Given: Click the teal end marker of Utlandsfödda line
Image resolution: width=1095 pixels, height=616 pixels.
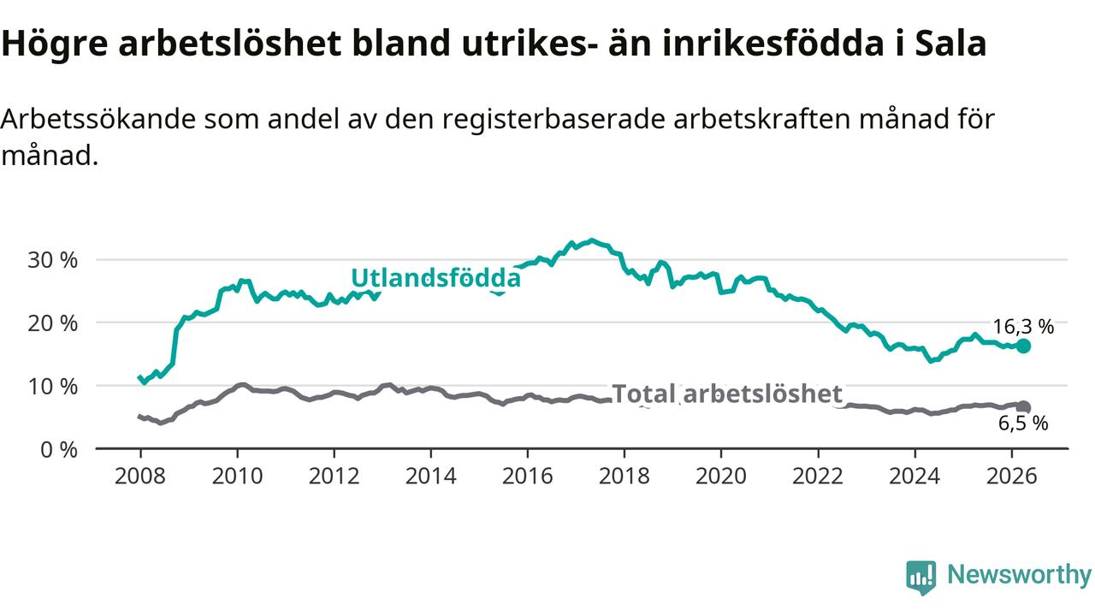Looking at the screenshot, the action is (x=1023, y=346).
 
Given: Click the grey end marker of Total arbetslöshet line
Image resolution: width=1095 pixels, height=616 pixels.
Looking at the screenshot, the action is (x=1024, y=407).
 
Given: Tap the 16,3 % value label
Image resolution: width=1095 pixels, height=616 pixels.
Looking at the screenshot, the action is (x=1023, y=327).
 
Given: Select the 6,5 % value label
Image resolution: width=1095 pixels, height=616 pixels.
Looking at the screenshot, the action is (x=1023, y=423).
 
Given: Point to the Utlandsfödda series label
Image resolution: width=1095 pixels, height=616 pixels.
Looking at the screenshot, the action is (x=436, y=278).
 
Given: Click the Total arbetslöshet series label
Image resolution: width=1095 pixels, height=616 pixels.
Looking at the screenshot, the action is (x=727, y=394).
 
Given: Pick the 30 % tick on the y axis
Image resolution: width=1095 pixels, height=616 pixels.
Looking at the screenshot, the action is (x=52, y=260).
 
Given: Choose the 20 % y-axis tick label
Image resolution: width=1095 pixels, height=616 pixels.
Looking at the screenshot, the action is (x=52, y=323).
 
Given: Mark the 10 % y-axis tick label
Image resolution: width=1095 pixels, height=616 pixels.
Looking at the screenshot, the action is (x=52, y=387).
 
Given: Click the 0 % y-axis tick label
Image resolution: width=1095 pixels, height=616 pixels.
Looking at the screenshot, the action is (x=59, y=450).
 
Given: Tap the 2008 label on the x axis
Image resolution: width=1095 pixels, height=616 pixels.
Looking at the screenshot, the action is (x=140, y=477).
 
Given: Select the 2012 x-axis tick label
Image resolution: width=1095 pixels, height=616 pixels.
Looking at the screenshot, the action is (x=334, y=477).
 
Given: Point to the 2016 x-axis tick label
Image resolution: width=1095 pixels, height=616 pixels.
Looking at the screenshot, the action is (x=528, y=477).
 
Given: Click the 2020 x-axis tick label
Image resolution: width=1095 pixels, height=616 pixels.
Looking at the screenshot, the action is (x=721, y=477).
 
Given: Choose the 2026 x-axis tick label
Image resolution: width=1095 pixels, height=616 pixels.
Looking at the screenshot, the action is (x=1011, y=477).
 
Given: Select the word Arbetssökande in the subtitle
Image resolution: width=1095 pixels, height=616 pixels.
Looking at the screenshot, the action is (x=98, y=119).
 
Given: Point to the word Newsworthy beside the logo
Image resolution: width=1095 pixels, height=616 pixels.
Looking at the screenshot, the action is (x=1019, y=574).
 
